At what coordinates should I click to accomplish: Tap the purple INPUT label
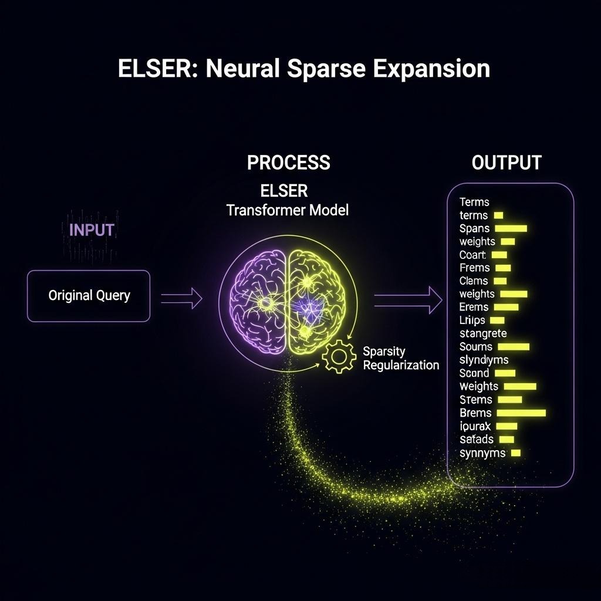click(92, 229)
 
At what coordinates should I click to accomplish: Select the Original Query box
click(89, 295)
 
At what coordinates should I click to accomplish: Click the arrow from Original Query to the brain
click(181, 299)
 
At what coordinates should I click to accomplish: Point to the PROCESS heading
click(288, 163)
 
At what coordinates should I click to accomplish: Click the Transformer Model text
click(287, 210)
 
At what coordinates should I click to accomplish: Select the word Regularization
click(401, 365)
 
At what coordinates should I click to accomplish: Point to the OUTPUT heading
click(506, 163)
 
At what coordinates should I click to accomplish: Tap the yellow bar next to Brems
click(521, 413)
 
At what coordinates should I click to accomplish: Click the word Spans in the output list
click(474, 228)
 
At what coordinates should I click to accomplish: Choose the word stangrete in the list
click(483, 333)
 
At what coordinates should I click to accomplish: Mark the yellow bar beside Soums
click(513, 347)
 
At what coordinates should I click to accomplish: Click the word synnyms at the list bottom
click(482, 453)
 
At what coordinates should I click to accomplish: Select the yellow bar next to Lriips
click(497, 320)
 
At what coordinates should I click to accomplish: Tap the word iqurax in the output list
click(475, 426)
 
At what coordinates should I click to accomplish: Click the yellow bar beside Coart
click(499, 255)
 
